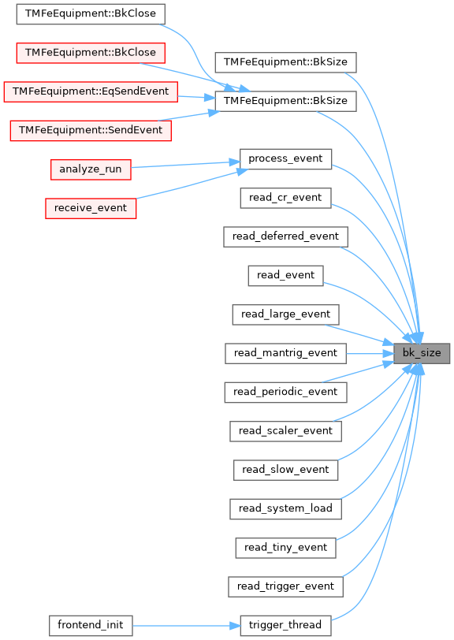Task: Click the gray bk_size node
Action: pos(422,353)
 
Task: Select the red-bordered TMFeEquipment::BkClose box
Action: pos(91,53)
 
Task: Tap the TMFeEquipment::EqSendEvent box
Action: pos(91,91)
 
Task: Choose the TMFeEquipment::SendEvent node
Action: pos(91,131)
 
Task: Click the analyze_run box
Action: pos(91,169)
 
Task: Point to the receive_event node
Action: pos(91,208)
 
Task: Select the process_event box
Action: pos(285,158)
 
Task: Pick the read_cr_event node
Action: pos(285,198)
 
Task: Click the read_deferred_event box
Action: pos(285,236)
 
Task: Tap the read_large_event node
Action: pos(285,314)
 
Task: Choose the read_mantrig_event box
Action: pos(285,353)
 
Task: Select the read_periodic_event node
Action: pos(285,393)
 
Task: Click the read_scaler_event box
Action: pos(285,431)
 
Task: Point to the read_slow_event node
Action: pos(285,471)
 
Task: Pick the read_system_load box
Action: pos(285,509)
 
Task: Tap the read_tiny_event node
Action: pos(285,548)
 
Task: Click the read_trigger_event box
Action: pos(285,586)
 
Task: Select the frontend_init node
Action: pos(91,626)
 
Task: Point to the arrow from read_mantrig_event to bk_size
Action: pos(370,353)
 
